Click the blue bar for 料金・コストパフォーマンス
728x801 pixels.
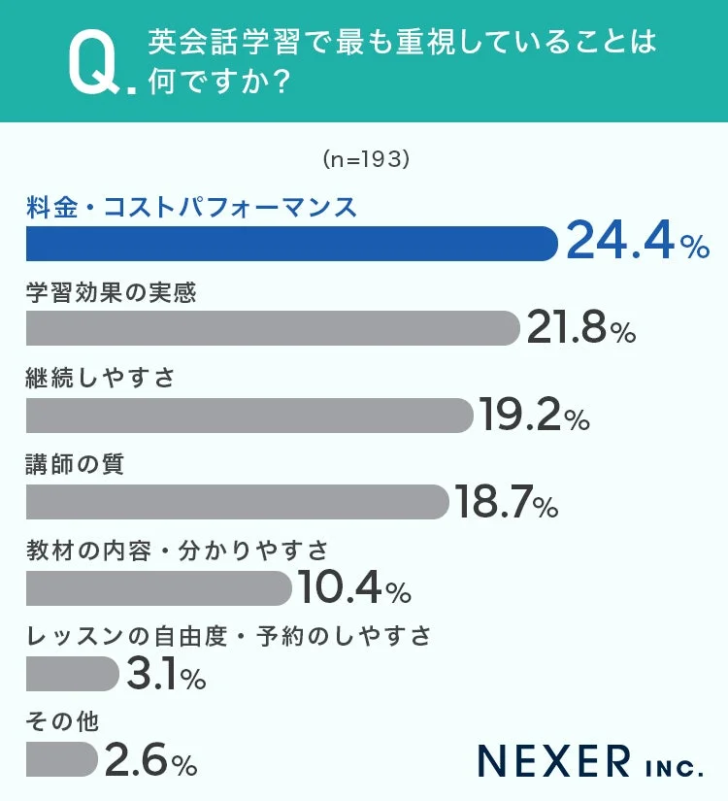click(291, 244)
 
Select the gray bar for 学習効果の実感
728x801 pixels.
click(273, 329)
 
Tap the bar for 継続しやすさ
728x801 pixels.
click(248, 416)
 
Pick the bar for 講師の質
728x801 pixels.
click(237, 501)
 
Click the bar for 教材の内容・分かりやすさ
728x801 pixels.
click(158, 587)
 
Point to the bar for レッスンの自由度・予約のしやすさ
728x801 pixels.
click(72, 673)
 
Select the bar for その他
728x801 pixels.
click(62, 759)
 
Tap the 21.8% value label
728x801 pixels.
click(580, 329)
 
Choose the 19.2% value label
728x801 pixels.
click(533, 416)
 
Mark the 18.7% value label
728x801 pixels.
click(505, 502)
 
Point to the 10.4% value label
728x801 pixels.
click(353, 588)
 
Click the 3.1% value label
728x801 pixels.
click(165, 674)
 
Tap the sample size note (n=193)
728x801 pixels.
click(364, 159)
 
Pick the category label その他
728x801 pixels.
click(61, 721)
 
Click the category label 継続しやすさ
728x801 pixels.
click(100, 378)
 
